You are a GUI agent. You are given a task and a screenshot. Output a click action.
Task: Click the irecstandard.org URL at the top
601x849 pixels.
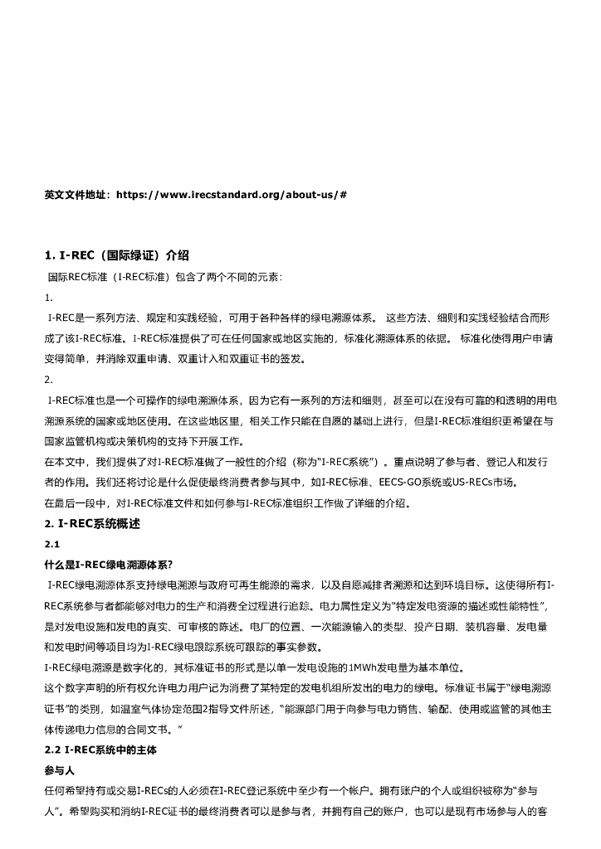point(232,195)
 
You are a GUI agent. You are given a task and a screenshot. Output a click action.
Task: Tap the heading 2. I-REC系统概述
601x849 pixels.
point(92,524)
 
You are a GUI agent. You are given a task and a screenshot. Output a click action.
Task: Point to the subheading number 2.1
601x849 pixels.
point(51,544)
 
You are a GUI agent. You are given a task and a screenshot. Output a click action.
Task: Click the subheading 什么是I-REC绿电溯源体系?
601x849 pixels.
point(108,565)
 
